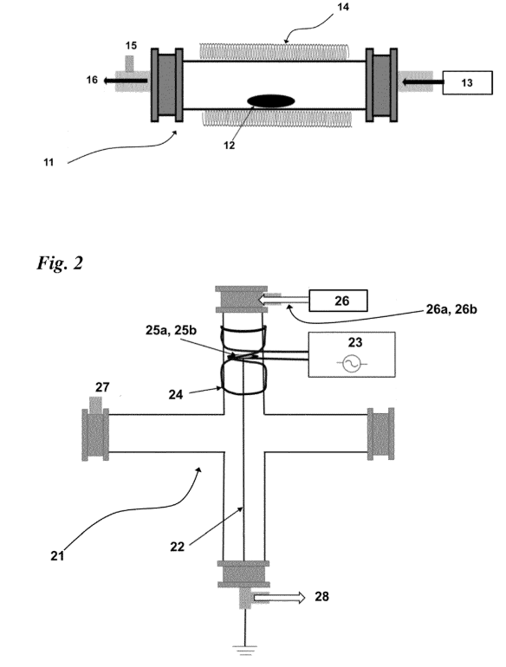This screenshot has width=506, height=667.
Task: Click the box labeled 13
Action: (x=467, y=82)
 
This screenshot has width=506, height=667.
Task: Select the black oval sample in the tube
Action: (x=271, y=100)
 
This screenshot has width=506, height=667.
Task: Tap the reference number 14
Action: (x=342, y=7)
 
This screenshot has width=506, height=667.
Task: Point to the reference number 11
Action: (x=49, y=162)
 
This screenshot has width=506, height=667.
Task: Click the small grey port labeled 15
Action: (x=129, y=63)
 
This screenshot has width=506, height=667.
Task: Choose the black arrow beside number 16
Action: (x=126, y=81)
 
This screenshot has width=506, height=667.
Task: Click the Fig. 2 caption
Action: (x=60, y=262)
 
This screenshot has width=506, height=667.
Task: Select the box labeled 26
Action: (x=338, y=301)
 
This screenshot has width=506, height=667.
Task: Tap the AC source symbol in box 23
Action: (x=352, y=363)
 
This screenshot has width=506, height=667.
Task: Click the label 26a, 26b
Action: (x=451, y=309)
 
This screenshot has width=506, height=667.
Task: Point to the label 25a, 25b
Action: (x=171, y=330)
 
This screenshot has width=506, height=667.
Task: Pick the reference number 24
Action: (x=176, y=395)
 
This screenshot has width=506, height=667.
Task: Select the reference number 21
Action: (x=57, y=555)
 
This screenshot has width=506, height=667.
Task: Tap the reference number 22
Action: (x=177, y=547)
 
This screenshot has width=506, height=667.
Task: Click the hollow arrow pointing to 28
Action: (x=280, y=598)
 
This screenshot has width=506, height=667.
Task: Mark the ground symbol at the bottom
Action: (x=244, y=650)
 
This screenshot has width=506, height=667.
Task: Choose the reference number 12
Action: (x=229, y=146)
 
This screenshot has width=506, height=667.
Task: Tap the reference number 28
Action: (x=321, y=596)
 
